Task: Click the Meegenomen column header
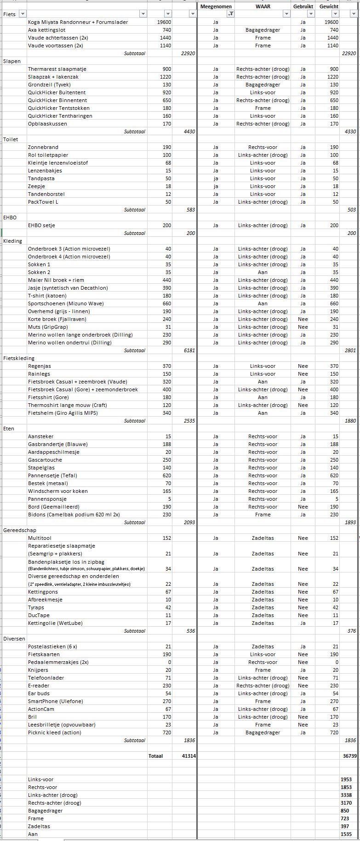(x=216, y=6)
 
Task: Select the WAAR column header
(x=263, y=6)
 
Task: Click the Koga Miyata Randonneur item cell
(x=78, y=22)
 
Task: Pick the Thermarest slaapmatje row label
(x=57, y=69)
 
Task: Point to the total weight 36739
(x=350, y=756)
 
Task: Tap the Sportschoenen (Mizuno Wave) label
(x=66, y=303)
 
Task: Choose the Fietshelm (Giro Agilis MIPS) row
(x=63, y=413)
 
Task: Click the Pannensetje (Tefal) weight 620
(x=166, y=475)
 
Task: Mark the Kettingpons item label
(x=43, y=592)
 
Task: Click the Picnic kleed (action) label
(x=54, y=732)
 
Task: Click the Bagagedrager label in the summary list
(x=45, y=811)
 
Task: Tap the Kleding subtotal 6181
(x=189, y=350)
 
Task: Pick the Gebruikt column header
(x=303, y=6)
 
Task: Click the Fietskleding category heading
(x=18, y=358)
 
